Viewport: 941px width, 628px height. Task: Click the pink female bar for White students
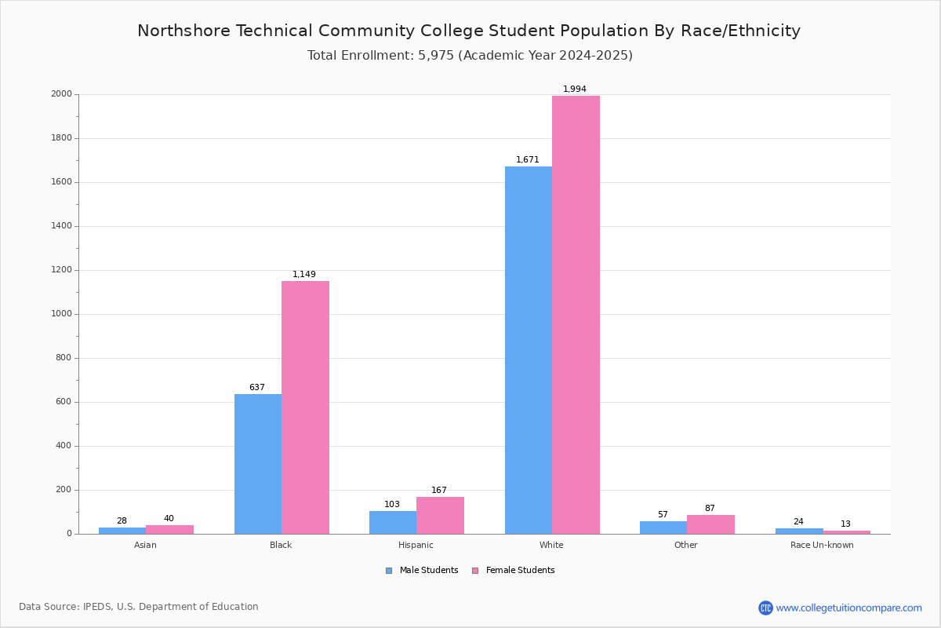tap(576, 314)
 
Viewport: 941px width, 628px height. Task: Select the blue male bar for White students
tap(529, 350)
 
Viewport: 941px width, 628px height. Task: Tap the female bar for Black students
tap(305, 407)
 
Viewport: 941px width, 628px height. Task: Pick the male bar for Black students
tap(258, 464)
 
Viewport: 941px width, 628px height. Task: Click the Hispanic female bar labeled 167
tap(440, 515)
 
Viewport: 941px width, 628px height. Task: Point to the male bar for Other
tap(663, 528)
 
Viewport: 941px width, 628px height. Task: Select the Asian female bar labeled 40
tap(169, 529)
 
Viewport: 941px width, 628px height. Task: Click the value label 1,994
tap(575, 89)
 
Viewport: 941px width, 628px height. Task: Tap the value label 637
tap(257, 388)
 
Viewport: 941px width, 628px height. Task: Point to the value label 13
tap(845, 524)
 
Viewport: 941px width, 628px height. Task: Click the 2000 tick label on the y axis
tap(61, 94)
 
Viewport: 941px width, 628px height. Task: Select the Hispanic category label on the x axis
tap(416, 545)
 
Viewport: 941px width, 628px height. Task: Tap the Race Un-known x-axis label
tap(822, 545)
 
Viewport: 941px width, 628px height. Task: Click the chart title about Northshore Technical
tap(469, 31)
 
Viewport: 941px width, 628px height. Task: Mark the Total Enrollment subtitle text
tap(470, 56)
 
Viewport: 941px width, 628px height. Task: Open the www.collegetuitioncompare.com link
tap(848, 608)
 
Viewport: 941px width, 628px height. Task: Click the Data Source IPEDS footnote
tap(139, 607)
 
